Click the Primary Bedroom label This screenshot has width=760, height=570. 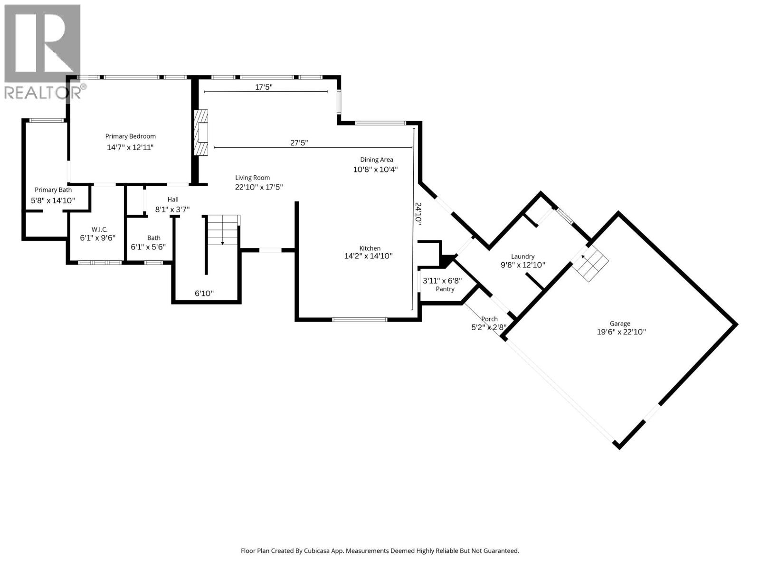[x=130, y=136]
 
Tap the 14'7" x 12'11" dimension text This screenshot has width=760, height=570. [x=130, y=148]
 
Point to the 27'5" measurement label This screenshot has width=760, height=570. [x=299, y=142]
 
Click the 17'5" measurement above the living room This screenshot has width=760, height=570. [x=264, y=87]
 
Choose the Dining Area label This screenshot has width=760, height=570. [x=376, y=160]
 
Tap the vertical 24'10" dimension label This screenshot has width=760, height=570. [x=418, y=213]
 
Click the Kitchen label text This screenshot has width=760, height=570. [x=370, y=248]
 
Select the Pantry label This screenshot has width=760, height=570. [x=445, y=289]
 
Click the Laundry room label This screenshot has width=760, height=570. [x=522, y=256]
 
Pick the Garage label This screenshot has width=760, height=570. [x=620, y=323]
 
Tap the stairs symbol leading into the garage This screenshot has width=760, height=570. [x=590, y=264]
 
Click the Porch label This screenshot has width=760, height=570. [x=489, y=319]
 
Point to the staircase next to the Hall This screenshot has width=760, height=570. [x=222, y=231]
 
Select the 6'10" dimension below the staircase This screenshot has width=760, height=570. [x=204, y=294]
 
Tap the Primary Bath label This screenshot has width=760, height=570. [x=53, y=190]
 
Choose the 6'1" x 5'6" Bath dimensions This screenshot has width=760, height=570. [x=148, y=247]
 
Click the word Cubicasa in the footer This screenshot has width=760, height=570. [x=323, y=551]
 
